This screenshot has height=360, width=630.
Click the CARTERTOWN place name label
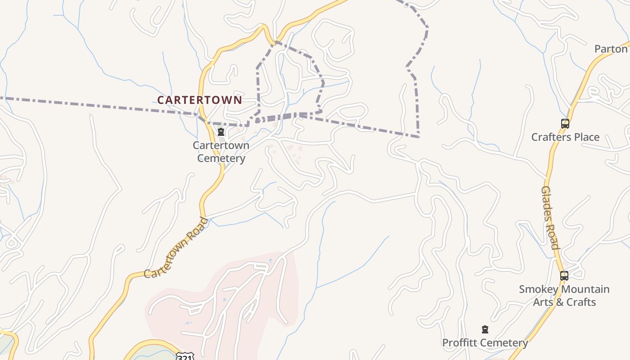pyautogui.click(x=199, y=100)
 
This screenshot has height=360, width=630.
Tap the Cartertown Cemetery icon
pyautogui.click(x=221, y=132)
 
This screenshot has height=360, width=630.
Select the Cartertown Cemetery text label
pyautogui.click(x=221, y=152)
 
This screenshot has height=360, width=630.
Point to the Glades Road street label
pyautogui.click(x=550, y=218)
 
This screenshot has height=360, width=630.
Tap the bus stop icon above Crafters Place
pyautogui.click(x=565, y=124)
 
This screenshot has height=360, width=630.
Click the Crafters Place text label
pyautogui.click(x=565, y=137)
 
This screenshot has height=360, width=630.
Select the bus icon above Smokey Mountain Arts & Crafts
pyautogui.click(x=564, y=276)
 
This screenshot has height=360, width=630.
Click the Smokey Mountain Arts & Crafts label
pyautogui.click(x=564, y=295)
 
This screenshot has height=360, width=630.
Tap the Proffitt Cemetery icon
pyautogui.click(x=485, y=330)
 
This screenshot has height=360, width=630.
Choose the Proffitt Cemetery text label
pyautogui.click(x=485, y=343)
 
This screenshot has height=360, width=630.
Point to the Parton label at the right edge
pyautogui.click(x=611, y=49)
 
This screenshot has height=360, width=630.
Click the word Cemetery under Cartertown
pyautogui.click(x=221, y=158)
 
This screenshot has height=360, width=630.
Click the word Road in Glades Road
pyautogui.click(x=553, y=235)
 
